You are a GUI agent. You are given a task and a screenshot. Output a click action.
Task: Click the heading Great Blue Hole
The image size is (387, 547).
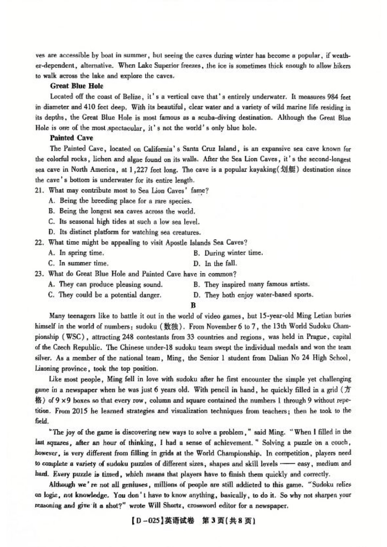pos(77,86)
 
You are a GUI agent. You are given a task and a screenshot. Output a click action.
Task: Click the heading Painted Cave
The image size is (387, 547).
pos(71,138)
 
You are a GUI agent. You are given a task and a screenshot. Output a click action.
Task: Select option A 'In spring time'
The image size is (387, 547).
pos(76,253)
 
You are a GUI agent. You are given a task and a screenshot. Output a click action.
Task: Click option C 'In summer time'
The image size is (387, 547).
pos(78,264)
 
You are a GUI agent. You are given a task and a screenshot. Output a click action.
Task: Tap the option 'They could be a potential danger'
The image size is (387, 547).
pos(105,295)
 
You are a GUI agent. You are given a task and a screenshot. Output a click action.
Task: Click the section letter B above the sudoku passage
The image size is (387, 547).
pos(193,305)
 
